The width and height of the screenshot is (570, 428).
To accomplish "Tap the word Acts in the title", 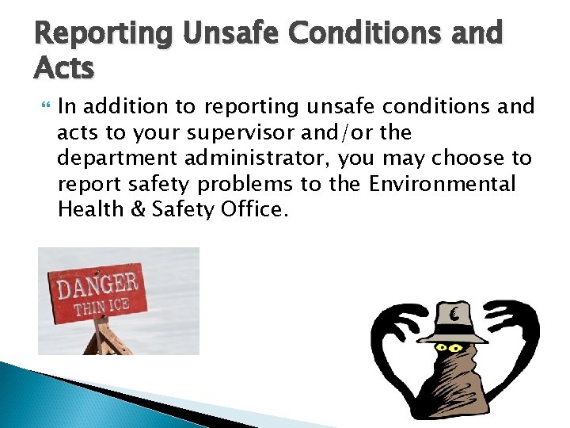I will pos(63,69).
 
